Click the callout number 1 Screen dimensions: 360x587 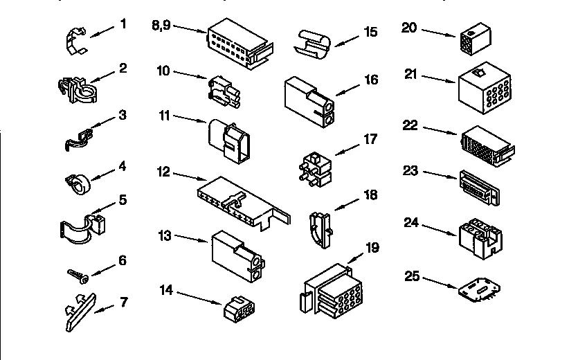pos(123,24)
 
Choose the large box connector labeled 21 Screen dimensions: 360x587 pos(485,89)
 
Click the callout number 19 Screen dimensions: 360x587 pos(372,247)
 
